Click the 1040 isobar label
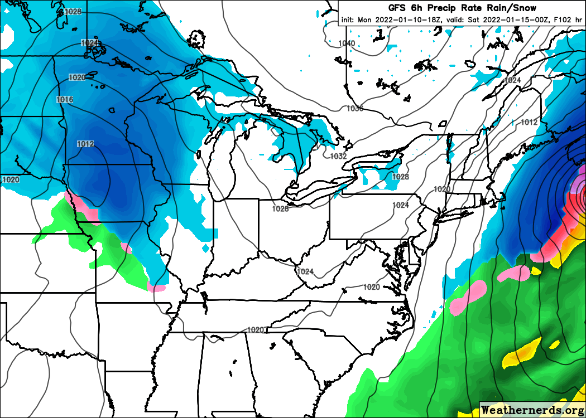click(347, 43)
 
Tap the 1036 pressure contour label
click(354, 108)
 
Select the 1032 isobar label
click(338, 157)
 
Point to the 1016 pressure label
click(65, 99)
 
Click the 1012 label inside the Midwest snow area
click(85, 144)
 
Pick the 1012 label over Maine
click(529, 122)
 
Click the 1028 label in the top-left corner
click(73, 11)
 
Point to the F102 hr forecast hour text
click(568, 20)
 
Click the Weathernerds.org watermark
click(532, 410)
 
